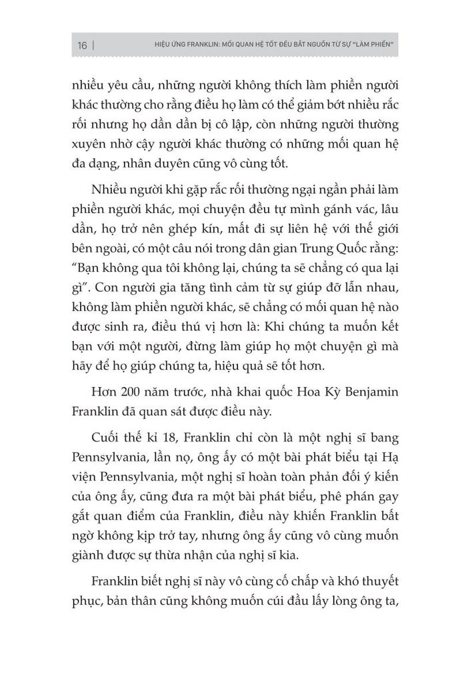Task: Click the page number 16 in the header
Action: pyautogui.click(x=82, y=46)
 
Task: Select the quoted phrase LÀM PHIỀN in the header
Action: pyautogui.click(x=370, y=46)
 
